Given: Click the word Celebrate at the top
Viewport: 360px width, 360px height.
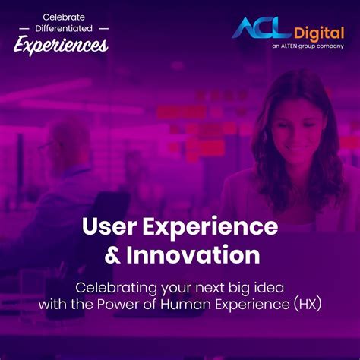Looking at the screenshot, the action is [64, 17].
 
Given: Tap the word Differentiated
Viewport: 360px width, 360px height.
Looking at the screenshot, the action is [64, 28].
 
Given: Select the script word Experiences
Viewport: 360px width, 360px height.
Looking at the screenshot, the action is [61, 45].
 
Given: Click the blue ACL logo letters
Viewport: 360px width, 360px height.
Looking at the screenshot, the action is [261, 28].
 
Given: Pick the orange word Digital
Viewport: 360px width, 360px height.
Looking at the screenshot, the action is [319, 34].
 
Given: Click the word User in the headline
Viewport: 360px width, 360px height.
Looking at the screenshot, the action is [109, 226].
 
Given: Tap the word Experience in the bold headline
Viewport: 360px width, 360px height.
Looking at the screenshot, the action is [210, 227].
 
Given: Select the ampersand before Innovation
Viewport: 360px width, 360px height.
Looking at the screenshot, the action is [112, 254].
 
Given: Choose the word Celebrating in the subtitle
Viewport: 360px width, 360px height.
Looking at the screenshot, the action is [116, 289].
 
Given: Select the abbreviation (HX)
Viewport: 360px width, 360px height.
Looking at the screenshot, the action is [308, 305].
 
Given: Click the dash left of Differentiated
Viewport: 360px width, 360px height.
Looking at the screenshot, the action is [24, 29].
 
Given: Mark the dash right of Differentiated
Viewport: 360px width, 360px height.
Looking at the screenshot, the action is [104, 29].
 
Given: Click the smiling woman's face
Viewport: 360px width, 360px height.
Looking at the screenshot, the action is [298, 128].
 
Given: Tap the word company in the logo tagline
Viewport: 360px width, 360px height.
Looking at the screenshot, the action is [330, 46].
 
